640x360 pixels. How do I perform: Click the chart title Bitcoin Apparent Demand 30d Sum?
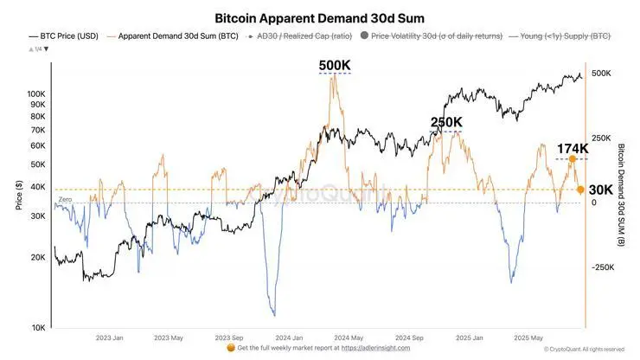click(319, 18)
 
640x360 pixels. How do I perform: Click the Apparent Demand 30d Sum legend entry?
click(182, 37)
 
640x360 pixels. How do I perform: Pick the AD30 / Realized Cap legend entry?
click(295, 37)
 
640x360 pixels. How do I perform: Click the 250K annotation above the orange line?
click(446, 122)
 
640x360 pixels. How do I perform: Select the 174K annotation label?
click(572, 149)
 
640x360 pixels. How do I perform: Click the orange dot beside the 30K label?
click(580, 190)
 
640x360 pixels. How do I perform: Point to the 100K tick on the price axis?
click(37, 93)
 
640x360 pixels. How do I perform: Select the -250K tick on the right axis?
click(603, 268)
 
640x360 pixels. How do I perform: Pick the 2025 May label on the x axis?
click(528, 338)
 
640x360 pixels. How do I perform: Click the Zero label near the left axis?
click(65, 200)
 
